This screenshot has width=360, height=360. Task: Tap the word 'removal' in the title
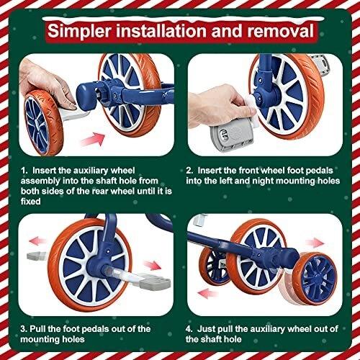pyautogui.click(x=280, y=31)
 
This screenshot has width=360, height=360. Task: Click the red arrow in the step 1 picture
pyautogui.click(x=93, y=140)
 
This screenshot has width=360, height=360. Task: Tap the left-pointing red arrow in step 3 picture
pyautogui.click(x=37, y=240)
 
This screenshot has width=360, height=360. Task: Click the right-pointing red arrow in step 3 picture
pyautogui.click(x=152, y=266)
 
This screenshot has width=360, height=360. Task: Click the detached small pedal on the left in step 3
pyautogui.click(x=36, y=256)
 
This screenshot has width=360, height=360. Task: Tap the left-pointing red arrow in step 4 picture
pyautogui.click(x=208, y=293)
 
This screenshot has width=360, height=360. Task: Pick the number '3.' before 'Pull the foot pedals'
pyautogui.click(x=24, y=329)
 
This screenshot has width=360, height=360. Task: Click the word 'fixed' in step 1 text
pyautogui.click(x=30, y=201)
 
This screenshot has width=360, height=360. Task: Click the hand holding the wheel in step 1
pyautogui.click(x=47, y=84)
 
